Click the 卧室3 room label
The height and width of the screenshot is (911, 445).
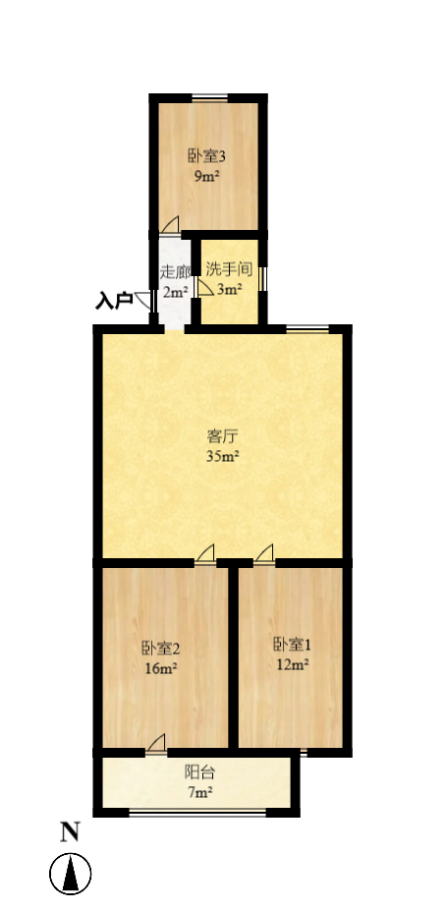pyautogui.click(x=207, y=156)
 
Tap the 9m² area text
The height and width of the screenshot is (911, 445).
pyautogui.click(x=206, y=176)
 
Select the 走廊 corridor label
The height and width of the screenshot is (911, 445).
pyautogui.click(x=174, y=271)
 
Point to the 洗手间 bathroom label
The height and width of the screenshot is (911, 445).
pyautogui.click(x=230, y=269)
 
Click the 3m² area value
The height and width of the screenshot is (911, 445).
pyautogui.click(x=230, y=289)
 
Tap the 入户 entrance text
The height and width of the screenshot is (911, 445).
pyautogui.click(x=113, y=301)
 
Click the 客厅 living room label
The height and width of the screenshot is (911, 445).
pyautogui.click(x=223, y=436)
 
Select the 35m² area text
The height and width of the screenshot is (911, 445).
pyautogui.click(x=223, y=456)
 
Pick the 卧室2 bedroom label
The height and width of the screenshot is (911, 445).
pyautogui.click(x=160, y=649)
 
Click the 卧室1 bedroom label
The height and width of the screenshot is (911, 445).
pyautogui.click(x=292, y=645)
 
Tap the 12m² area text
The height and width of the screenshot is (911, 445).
pyautogui.click(x=292, y=664)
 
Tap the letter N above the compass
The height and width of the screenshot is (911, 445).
pyautogui.click(x=70, y=832)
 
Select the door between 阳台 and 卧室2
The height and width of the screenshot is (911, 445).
pyautogui.click(x=155, y=745)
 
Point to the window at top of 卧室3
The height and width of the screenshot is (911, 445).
pyautogui.click(x=209, y=97)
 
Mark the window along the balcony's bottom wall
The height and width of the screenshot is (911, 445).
pyautogui.click(x=196, y=812)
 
